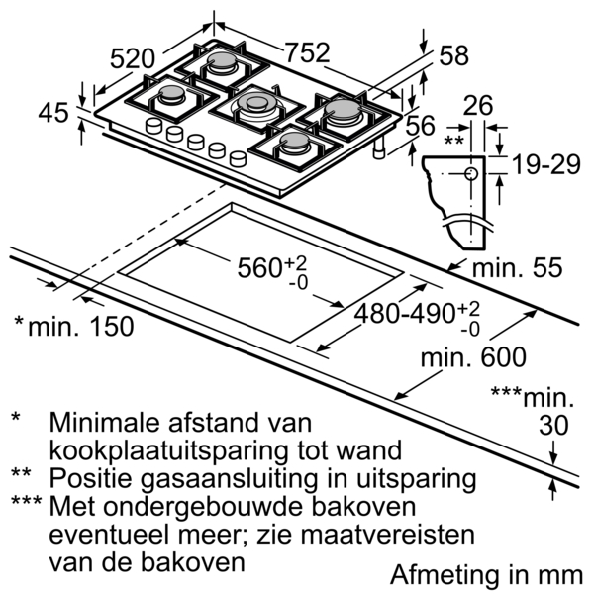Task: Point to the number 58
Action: tap(452, 55)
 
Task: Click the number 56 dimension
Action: tap(421, 125)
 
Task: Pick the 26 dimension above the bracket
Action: tap(480, 105)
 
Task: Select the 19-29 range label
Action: tap(544, 164)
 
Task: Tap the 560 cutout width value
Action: tap(267, 268)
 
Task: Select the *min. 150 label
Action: tap(74, 325)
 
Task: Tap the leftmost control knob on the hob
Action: tap(154, 127)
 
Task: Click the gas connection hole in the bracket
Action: tap(470, 175)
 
